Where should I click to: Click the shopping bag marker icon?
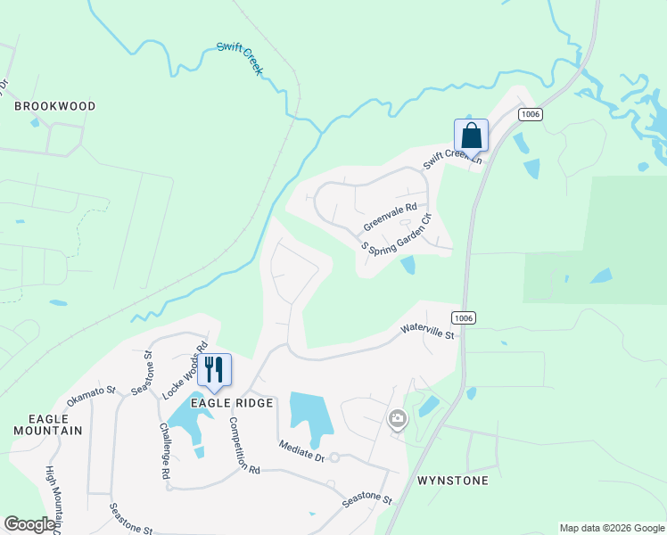click(x=471, y=136)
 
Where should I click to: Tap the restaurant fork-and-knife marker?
click(x=214, y=369)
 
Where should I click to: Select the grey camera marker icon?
click(x=398, y=417)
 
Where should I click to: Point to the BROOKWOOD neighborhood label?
click(x=54, y=106)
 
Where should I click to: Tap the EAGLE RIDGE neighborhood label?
click(x=236, y=403)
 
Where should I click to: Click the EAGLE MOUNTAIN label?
click(x=47, y=424)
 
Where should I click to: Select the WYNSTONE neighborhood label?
click(x=453, y=481)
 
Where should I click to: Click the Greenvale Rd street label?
click(x=391, y=217)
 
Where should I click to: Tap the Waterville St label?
click(x=428, y=333)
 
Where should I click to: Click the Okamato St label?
click(x=92, y=395)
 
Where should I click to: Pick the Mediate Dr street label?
click(x=301, y=449)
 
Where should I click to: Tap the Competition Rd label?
click(x=243, y=445)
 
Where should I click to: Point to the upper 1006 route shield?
click(x=531, y=114)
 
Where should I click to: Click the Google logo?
click(x=29, y=524)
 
